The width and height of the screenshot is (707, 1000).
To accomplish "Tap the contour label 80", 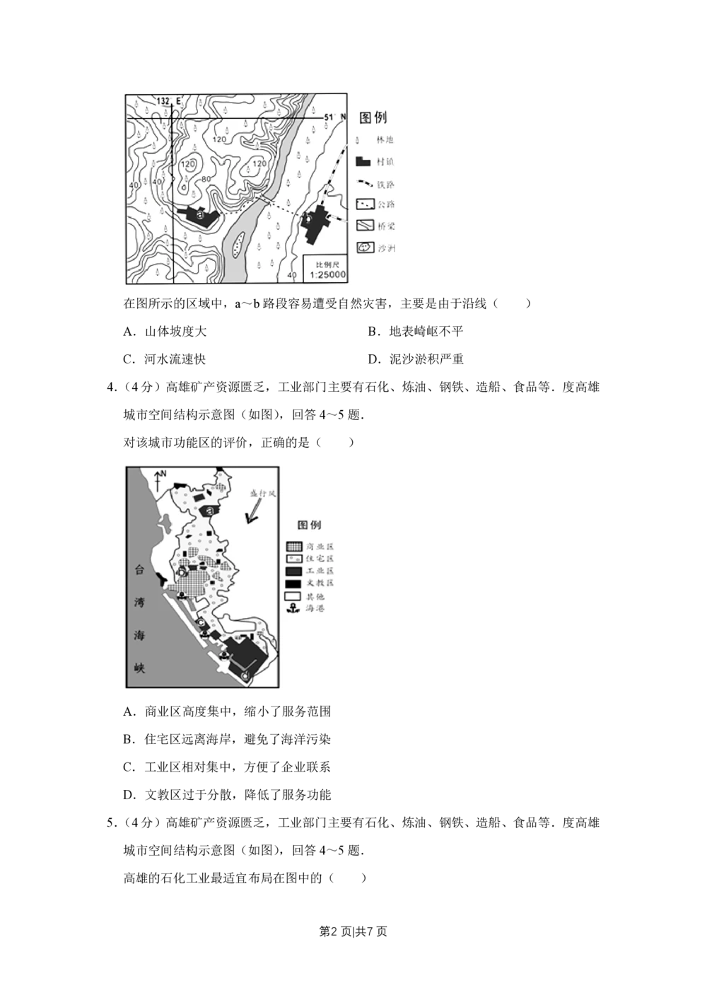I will [x=206, y=179].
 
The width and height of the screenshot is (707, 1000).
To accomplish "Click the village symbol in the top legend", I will [x=363, y=161].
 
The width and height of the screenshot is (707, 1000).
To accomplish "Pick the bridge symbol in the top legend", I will [x=365, y=226].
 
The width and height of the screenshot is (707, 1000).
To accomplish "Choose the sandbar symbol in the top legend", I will [x=365, y=248].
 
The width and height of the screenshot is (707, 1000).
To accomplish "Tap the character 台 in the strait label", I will [x=141, y=571].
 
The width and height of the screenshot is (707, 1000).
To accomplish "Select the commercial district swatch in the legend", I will [x=293, y=547].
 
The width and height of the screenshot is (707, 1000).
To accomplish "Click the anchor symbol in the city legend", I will [x=293, y=608].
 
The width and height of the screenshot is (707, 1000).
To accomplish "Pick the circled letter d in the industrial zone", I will [x=245, y=677].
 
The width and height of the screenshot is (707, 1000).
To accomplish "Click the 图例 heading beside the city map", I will [x=309, y=525].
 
